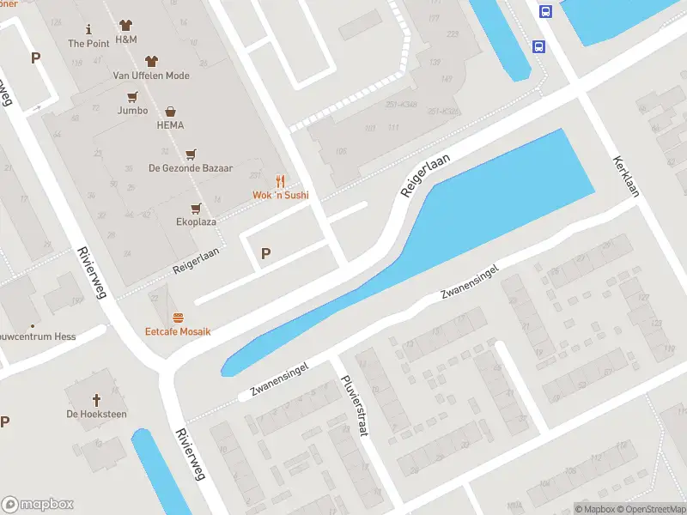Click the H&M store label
click(x=126, y=40)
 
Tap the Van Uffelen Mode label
click(x=151, y=76)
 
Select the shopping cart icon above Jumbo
click(x=132, y=96)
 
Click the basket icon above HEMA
click(x=170, y=111)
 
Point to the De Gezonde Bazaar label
click(x=191, y=168)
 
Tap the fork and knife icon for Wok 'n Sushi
click(x=280, y=180)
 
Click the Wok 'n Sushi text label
click(x=280, y=196)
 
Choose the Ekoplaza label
click(x=196, y=221)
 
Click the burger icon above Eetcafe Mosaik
click(x=178, y=318)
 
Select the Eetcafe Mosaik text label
click(x=178, y=331)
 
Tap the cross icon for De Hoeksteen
click(x=96, y=400)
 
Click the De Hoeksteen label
click(x=96, y=415)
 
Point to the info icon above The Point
click(x=88, y=30)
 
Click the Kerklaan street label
click(x=626, y=177)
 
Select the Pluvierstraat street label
click(x=354, y=406)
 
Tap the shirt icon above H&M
click(x=126, y=25)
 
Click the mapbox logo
click(x=38, y=505)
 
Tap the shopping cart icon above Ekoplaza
click(x=196, y=208)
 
